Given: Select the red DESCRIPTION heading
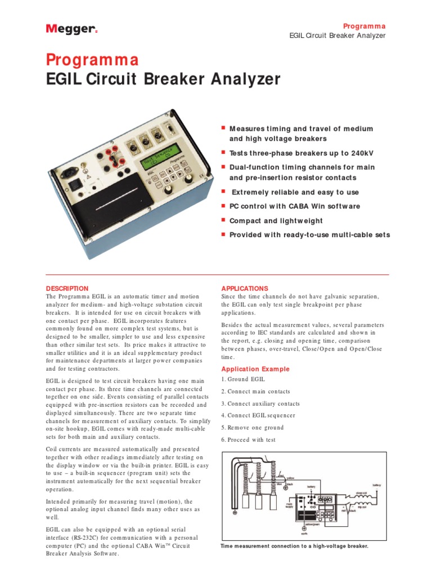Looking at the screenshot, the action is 67,288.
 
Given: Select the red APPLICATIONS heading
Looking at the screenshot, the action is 245,288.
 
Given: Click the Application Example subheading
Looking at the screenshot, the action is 255,369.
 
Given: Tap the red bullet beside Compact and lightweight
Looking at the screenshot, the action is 223,220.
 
